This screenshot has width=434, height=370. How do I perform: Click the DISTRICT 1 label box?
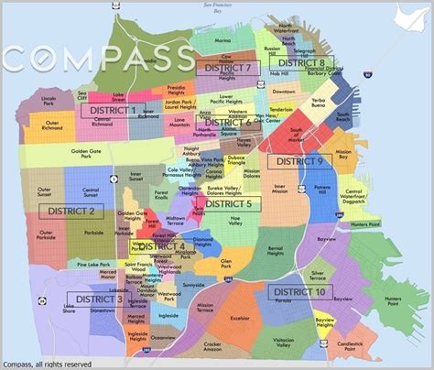coord(108,111)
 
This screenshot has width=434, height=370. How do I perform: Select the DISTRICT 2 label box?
coord(66,212)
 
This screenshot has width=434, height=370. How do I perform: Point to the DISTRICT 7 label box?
coord(223,68)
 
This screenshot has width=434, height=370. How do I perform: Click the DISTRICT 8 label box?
coord(307,62)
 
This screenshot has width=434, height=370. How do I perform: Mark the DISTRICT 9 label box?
coord(295,161)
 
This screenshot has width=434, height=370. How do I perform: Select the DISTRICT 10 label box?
coord(296,292)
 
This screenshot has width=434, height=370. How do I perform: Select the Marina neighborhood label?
coord(222,41)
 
